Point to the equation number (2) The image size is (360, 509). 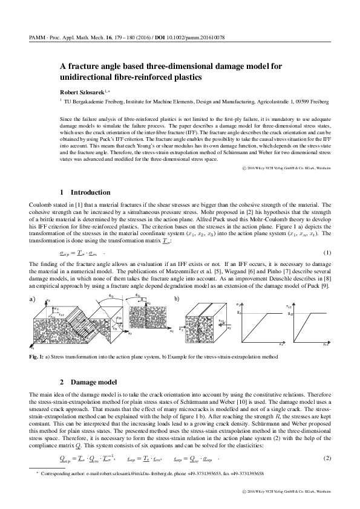[x=327, y=459]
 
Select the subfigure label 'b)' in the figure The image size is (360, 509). [x=177, y=299]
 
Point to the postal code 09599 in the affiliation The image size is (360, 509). [x=301, y=102]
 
